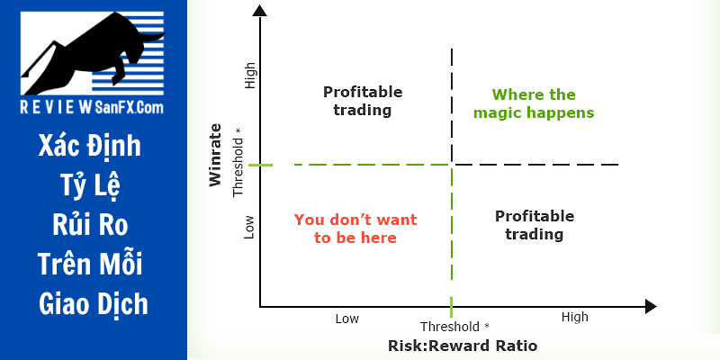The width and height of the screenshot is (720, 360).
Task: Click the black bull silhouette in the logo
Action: [x=92, y=50]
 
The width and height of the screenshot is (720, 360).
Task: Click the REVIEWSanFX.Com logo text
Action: [x=92, y=107]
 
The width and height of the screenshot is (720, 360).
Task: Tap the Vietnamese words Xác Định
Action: [x=89, y=147]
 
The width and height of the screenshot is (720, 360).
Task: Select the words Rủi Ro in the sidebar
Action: [x=90, y=225]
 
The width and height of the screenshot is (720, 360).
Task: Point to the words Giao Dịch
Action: [x=94, y=304]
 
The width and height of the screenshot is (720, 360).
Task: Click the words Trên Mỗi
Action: [x=90, y=264]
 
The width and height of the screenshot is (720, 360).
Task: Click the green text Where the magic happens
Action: [x=534, y=103]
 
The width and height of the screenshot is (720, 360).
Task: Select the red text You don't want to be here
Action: [x=355, y=229]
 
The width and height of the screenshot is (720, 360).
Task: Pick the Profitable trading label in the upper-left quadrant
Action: [x=363, y=101]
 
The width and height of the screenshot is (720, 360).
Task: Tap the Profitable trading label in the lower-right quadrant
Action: [x=535, y=225]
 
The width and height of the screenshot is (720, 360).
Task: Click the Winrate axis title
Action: [x=215, y=155]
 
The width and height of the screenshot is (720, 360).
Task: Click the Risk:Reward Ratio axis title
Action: [x=463, y=346]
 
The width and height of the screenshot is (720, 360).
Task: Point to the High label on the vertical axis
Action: [x=250, y=76]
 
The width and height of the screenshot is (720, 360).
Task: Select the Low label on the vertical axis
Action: [x=249, y=228]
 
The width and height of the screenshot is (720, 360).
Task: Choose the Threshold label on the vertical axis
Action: [x=238, y=162]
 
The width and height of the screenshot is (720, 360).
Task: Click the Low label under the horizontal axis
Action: [x=347, y=319]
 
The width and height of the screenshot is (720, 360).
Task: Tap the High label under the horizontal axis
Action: [x=574, y=318]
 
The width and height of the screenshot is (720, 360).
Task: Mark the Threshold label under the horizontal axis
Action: [x=454, y=327]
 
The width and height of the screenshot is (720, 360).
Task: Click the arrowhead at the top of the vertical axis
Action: [x=260, y=10]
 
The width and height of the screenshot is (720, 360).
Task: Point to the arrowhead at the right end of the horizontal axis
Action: [x=651, y=307]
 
